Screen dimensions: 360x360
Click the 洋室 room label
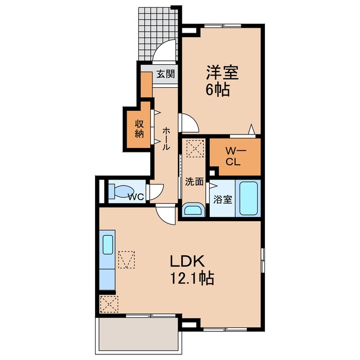coord(222,73)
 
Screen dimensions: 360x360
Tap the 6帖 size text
coord(218,89)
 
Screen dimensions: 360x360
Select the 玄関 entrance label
coord(166,74)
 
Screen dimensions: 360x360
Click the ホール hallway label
coord(166,139)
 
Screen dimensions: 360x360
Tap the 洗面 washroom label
coord(194,182)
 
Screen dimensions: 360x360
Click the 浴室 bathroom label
coord(223,199)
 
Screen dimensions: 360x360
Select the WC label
coord(136,196)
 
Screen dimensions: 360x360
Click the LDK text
coord(187,262)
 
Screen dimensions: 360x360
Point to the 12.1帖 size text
coord(192,278)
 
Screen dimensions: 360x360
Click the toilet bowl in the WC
coord(121,191)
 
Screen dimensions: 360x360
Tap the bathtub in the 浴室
coord(249,199)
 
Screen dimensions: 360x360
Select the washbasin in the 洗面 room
coord(193,210)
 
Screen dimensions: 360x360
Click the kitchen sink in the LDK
coord(107,245)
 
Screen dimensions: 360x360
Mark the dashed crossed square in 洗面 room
coord(195,148)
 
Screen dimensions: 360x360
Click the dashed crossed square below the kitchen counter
coord(109,304)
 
